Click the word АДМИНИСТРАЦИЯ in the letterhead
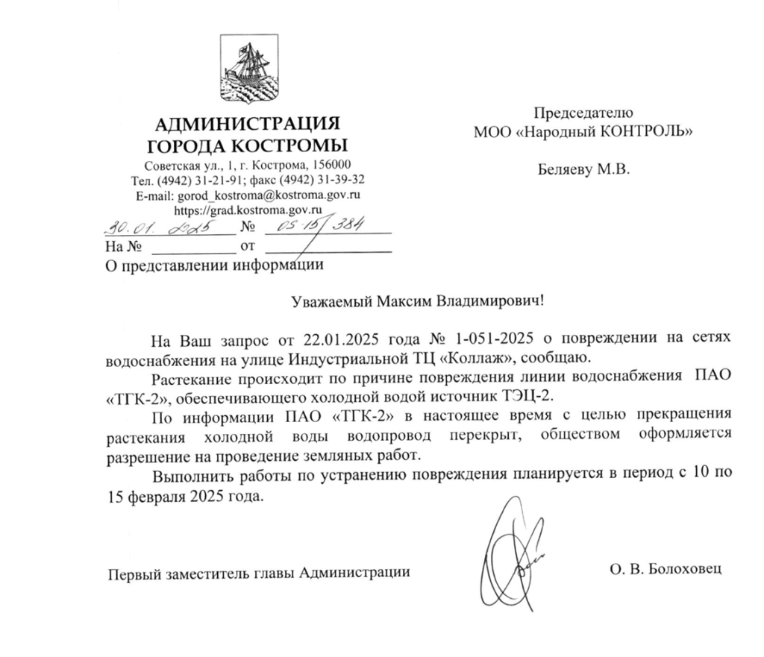pyautogui.click(x=247, y=124)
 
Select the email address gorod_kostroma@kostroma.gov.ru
pyautogui.click(x=269, y=195)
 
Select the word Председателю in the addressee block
pyautogui.click(x=583, y=113)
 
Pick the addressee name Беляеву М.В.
pyautogui.click(x=583, y=170)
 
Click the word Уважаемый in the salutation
pyautogui.click(x=326, y=302)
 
